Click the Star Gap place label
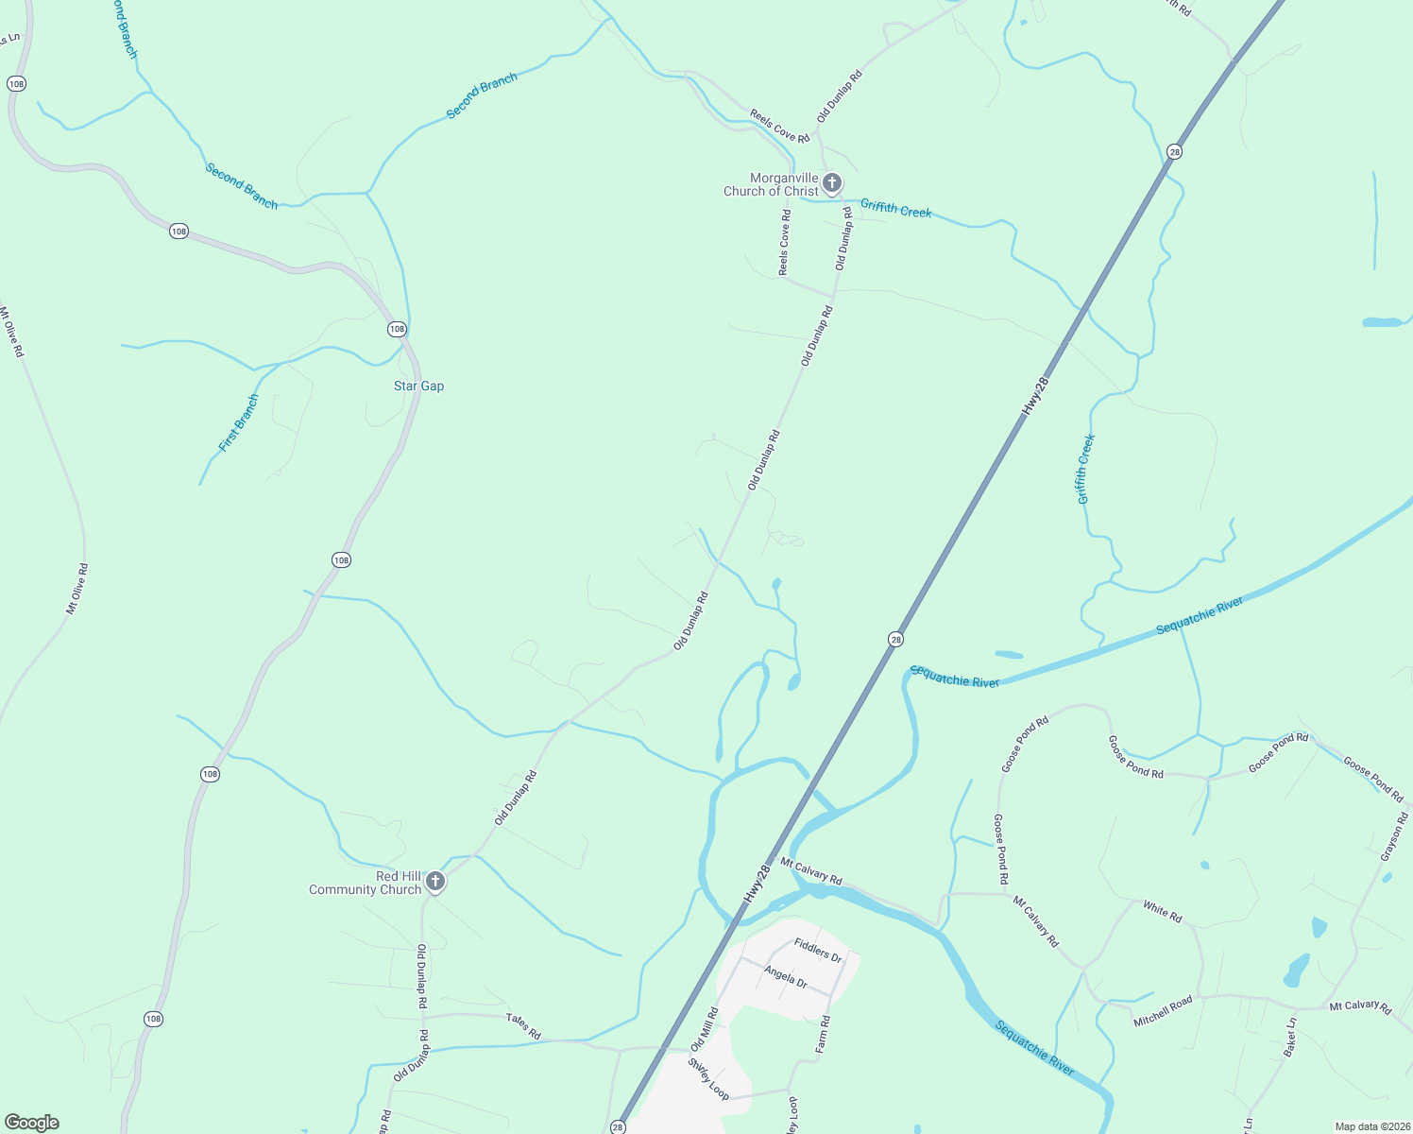(418, 386)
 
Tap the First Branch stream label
(238, 423)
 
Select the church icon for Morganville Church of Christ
(831, 182)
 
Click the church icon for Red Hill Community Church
(435, 882)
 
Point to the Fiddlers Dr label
(818, 950)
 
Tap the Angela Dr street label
(786, 976)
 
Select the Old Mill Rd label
(705, 1029)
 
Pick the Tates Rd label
(523, 1026)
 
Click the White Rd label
(1163, 911)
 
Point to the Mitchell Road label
(1164, 1011)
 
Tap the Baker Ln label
(1291, 1037)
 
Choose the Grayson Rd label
(1394, 837)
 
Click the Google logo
(32, 1123)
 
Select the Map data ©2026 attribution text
(1370, 1126)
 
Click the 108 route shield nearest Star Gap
(397, 329)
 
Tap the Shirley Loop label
(708, 1078)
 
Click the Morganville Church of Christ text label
(771, 184)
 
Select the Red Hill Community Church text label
(366, 883)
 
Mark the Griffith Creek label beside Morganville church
(895, 210)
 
